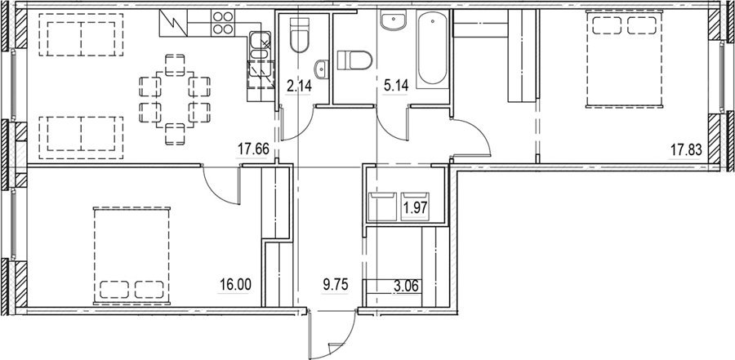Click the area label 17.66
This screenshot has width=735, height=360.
[x=253, y=149]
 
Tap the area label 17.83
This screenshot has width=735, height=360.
[x=686, y=150]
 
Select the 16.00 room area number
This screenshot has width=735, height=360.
[x=236, y=284]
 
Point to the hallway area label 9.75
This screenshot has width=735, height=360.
[x=336, y=284]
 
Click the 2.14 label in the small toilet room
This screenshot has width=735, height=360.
[x=299, y=86]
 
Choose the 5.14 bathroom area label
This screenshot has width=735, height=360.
[x=395, y=86]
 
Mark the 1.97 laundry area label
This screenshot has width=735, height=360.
[x=416, y=207]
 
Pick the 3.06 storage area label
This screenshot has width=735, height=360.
[x=408, y=285]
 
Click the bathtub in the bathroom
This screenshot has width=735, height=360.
[x=432, y=49]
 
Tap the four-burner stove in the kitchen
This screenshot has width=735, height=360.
[x=223, y=23]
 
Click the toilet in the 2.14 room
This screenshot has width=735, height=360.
[x=299, y=33]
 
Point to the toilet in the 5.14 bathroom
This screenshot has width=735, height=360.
[x=354, y=60]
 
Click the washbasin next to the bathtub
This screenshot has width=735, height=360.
[x=394, y=20]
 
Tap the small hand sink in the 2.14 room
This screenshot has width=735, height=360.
[x=322, y=69]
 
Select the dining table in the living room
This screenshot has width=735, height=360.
[x=175, y=100]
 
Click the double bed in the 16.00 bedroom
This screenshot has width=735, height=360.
[x=131, y=256]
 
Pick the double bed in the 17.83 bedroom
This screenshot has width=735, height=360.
[x=625, y=60]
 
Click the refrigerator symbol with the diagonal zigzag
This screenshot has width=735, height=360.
[x=173, y=23]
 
